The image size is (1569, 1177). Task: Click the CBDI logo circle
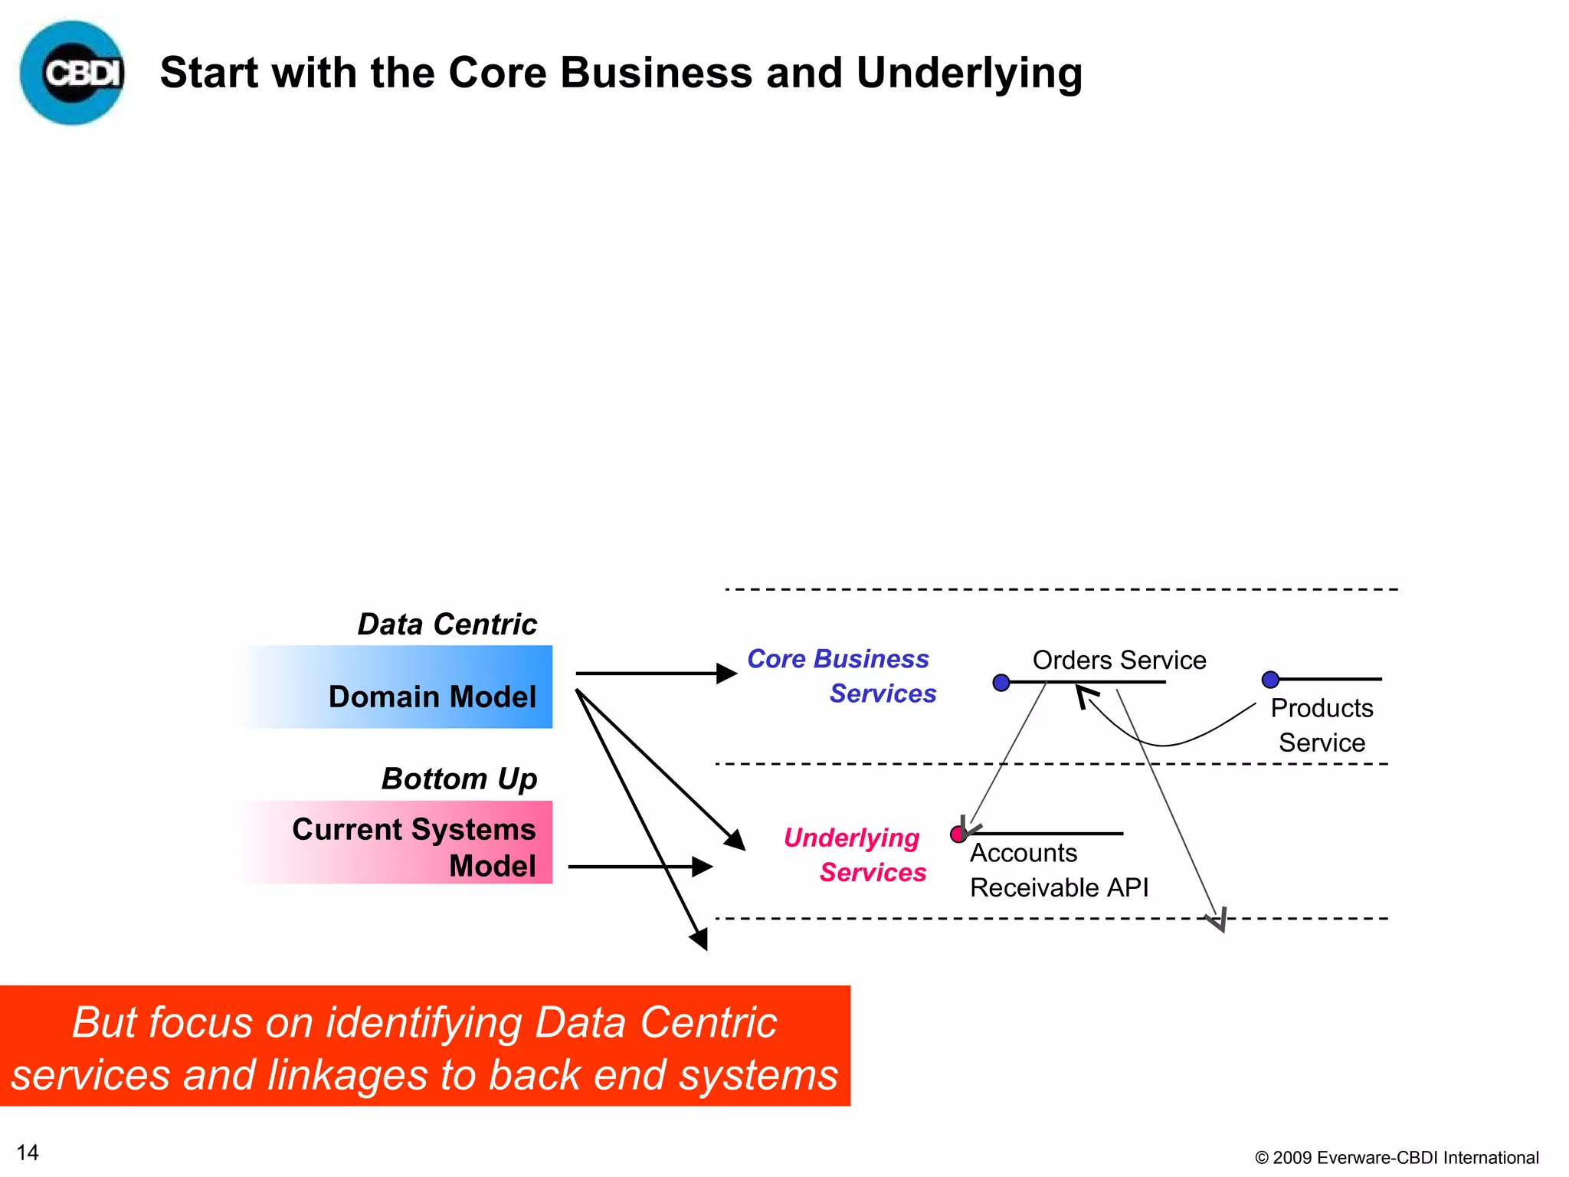(x=72, y=73)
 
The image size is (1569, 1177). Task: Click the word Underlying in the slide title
(x=968, y=74)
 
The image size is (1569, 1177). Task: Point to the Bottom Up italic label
(x=459, y=779)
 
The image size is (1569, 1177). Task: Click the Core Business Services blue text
(x=841, y=676)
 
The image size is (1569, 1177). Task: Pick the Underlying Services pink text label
(x=854, y=854)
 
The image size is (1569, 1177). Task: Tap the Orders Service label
(x=1119, y=660)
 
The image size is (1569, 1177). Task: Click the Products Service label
(x=1322, y=725)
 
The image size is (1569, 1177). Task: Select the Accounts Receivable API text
(x=1059, y=870)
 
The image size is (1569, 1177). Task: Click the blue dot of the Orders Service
(x=1001, y=683)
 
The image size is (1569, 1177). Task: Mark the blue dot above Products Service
(x=1270, y=680)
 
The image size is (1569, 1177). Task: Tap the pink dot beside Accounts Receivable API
(x=958, y=834)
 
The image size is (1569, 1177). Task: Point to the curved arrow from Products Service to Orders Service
(x=1164, y=744)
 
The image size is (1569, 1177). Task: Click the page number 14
(x=28, y=1152)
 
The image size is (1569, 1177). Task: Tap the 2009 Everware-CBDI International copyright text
(x=1396, y=1157)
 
